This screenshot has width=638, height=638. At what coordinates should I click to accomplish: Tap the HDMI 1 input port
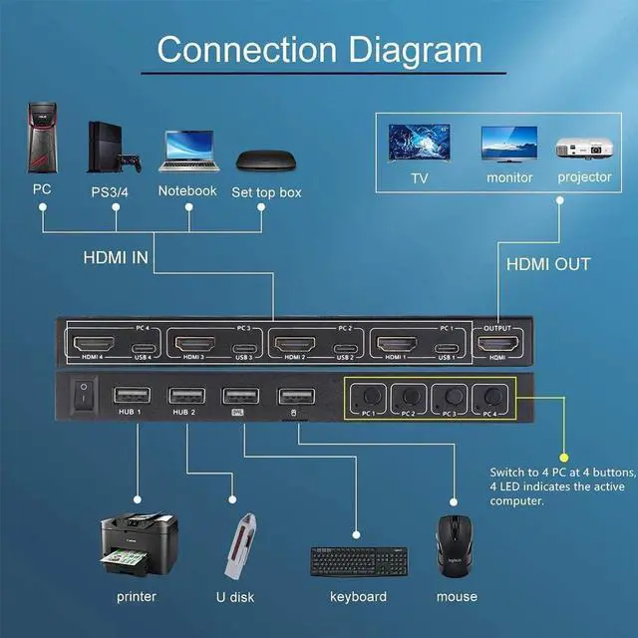(x=397, y=346)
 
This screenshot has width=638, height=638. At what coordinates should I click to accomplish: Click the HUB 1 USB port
(x=130, y=395)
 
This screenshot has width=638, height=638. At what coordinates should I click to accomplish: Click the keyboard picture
(x=358, y=560)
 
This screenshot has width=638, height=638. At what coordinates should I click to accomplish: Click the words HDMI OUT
(x=548, y=264)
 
